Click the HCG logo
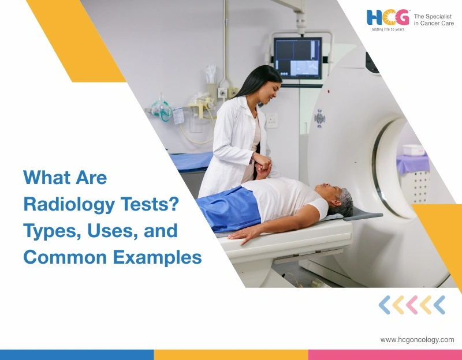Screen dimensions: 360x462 pyautogui.click(x=388, y=17)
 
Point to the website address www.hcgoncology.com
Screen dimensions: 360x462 pyautogui.click(x=417, y=340)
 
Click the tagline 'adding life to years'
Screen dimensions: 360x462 pyautogui.click(x=387, y=29)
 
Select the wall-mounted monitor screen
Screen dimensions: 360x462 pyautogui.click(x=297, y=58)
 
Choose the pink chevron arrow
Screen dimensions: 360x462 pyautogui.click(x=412, y=305)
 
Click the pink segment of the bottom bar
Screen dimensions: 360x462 pyautogui.click(x=385, y=354)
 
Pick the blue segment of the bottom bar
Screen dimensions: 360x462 pyautogui.click(x=77, y=354)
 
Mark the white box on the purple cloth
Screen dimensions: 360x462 pyautogui.click(x=413, y=150)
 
